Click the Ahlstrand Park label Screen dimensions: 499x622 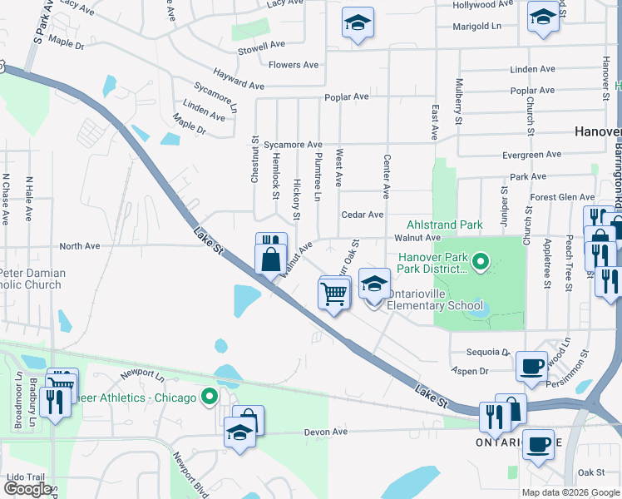[444, 225]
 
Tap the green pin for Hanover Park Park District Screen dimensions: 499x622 [480, 263]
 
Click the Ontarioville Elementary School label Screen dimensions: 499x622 [431, 305]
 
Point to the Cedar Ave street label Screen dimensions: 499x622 [362, 215]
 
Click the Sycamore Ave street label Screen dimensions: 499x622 [293, 145]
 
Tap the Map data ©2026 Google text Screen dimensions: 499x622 [570, 492]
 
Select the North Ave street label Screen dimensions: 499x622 [79, 246]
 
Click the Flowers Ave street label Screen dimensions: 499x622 [294, 65]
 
